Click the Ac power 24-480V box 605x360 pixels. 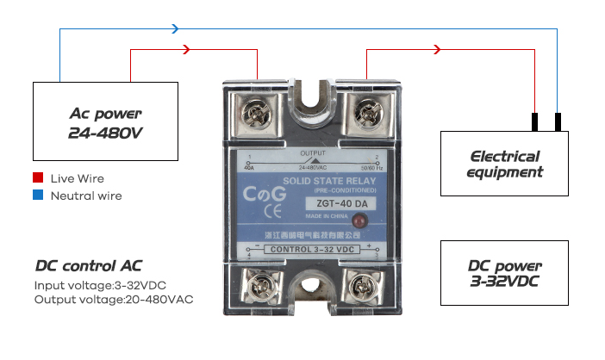tap(104, 122)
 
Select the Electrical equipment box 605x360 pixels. tap(504, 164)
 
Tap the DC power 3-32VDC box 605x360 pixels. tap(504, 273)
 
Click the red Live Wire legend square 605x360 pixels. tap(38, 178)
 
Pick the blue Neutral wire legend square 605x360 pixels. tap(38, 196)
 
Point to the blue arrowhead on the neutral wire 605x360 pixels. tap(175, 28)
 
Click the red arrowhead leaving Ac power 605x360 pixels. tap(187, 50)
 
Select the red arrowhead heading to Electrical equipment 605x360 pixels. tap(437, 50)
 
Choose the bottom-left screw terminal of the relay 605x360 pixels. tap(254, 284)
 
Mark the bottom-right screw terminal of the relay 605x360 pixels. tap(363, 285)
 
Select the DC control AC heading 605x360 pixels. tap(89, 265)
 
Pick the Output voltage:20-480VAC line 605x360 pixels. tap(114, 300)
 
